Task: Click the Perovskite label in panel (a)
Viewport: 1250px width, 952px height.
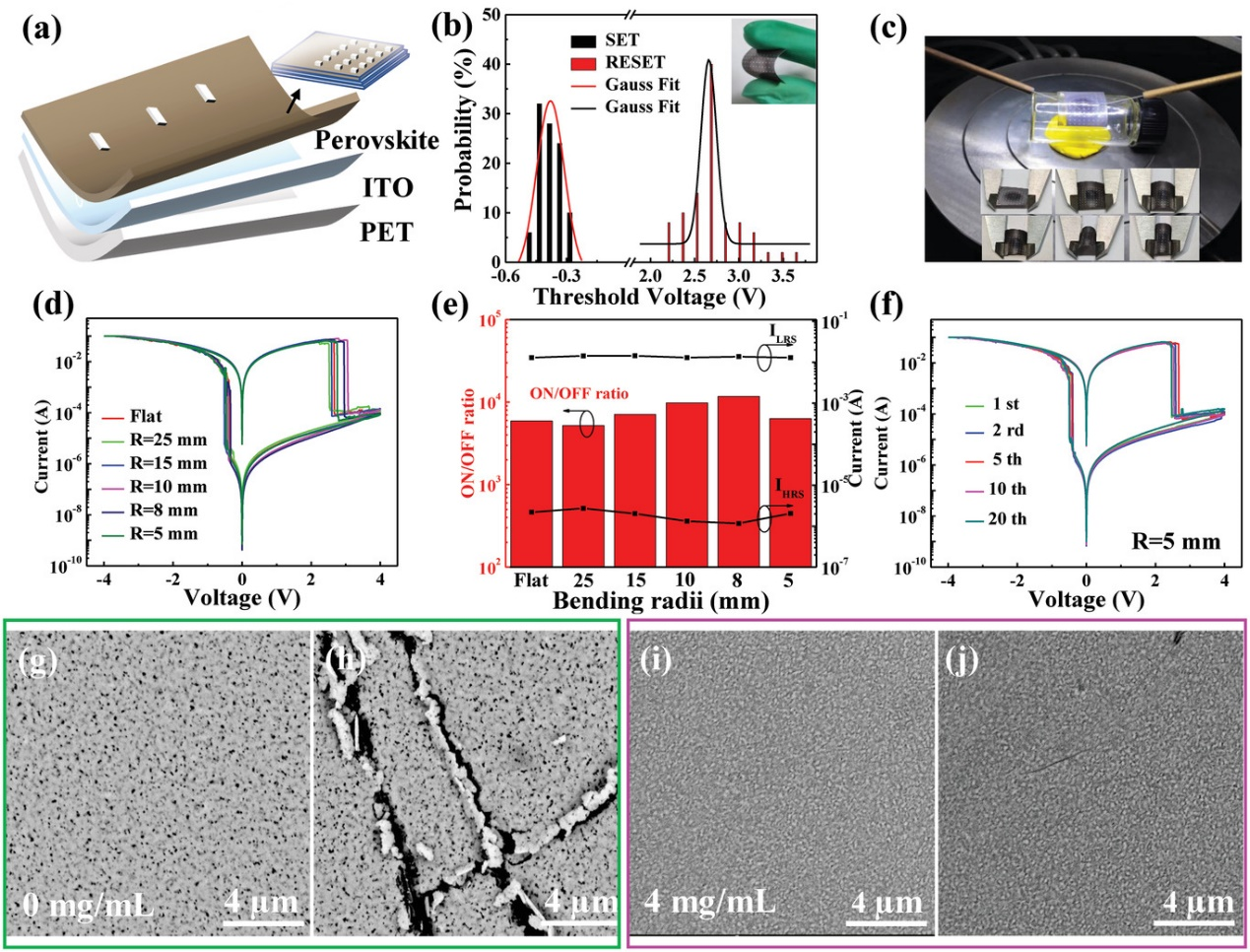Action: click(x=376, y=141)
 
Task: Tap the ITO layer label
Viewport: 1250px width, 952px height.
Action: click(x=387, y=187)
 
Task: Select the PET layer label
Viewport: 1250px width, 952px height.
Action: click(x=386, y=233)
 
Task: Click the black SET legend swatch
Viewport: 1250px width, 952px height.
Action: click(x=584, y=40)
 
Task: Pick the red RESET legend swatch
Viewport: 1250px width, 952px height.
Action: click(x=584, y=62)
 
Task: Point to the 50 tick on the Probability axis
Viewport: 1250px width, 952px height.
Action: click(x=491, y=16)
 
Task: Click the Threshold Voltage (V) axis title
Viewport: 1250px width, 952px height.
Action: click(x=648, y=297)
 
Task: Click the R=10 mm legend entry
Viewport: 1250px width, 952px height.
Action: click(x=167, y=487)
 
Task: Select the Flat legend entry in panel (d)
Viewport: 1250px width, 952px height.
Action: click(x=145, y=416)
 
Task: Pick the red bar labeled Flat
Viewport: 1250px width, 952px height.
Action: click(x=531, y=493)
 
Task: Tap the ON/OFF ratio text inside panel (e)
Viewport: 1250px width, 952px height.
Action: click(x=578, y=394)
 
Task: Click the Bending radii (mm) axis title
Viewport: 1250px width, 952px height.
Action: click(x=660, y=601)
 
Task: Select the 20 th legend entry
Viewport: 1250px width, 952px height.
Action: click(x=1007, y=518)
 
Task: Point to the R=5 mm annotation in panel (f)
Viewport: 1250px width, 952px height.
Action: click(x=1175, y=541)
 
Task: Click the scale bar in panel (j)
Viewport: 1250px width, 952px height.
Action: click(x=1194, y=922)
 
